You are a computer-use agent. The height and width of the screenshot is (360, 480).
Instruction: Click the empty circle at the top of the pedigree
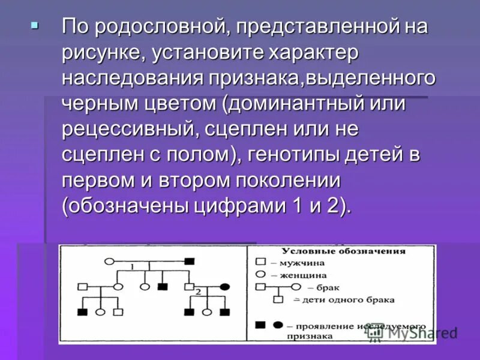pos(109,261)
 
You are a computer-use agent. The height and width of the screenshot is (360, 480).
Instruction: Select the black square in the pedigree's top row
pos(189,261)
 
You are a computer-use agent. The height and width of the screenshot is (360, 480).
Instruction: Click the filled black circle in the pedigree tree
pos(226,287)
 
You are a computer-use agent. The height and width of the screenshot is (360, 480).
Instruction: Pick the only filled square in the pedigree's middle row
pos(162,287)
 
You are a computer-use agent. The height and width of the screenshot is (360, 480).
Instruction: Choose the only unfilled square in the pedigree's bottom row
pos(118,312)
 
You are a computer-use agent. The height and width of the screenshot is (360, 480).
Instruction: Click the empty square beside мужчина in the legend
pos(260,262)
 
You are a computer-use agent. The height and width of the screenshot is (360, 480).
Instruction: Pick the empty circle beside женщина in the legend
pos(260,275)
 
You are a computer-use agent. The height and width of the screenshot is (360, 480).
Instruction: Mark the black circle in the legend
pos(277,325)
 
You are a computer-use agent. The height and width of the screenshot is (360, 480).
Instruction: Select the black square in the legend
pos(260,325)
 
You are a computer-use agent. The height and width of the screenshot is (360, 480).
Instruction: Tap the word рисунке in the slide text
pos(99,53)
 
